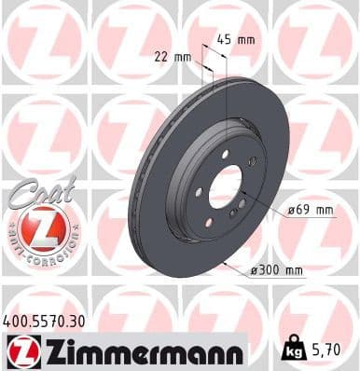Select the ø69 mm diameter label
click(x=311, y=210)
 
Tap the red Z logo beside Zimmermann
click(x=20, y=353)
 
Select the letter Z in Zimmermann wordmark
click(x=46, y=353)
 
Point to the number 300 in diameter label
click(x=272, y=270)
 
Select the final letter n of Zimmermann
click(x=235, y=354)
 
